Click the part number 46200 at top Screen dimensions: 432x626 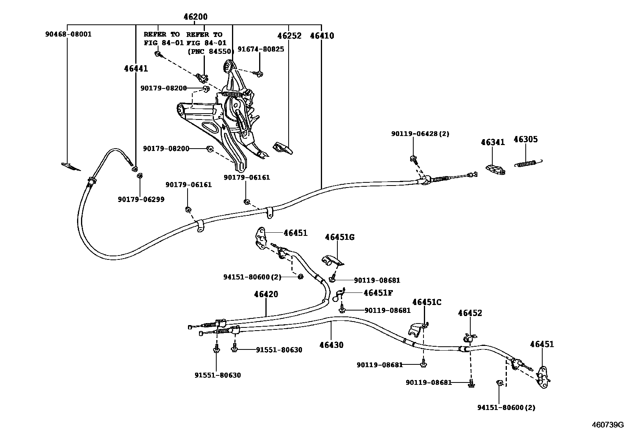point(195,17)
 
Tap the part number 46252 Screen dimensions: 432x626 point(289,36)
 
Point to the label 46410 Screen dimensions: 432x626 point(322,36)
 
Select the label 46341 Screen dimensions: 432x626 point(492,142)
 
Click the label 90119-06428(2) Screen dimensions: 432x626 point(420,134)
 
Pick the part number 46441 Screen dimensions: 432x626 point(136,69)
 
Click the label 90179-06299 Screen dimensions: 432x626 point(141,199)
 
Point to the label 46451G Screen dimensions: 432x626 point(339,237)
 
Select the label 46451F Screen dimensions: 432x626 point(378,292)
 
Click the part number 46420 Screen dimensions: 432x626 point(266,294)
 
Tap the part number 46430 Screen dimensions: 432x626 point(331,345)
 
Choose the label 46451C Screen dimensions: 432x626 point(427,302)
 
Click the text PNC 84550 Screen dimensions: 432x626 point(210,51)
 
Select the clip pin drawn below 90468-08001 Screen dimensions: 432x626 point(71,166)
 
